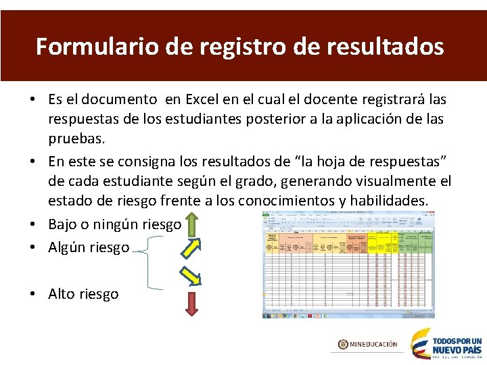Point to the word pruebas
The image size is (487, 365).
[x=76, y=139]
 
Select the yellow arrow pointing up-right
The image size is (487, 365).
[x=191, y=248]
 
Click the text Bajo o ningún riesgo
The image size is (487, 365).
[x=114, y=224]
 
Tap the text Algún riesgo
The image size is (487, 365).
[x=89, y=247]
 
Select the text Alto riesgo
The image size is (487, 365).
[x=83, y=294]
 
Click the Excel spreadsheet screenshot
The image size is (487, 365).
[x=348, y=264]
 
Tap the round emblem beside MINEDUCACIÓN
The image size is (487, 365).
[x=344, y=344]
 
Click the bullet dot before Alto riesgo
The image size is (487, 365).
[x=33, y=294]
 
